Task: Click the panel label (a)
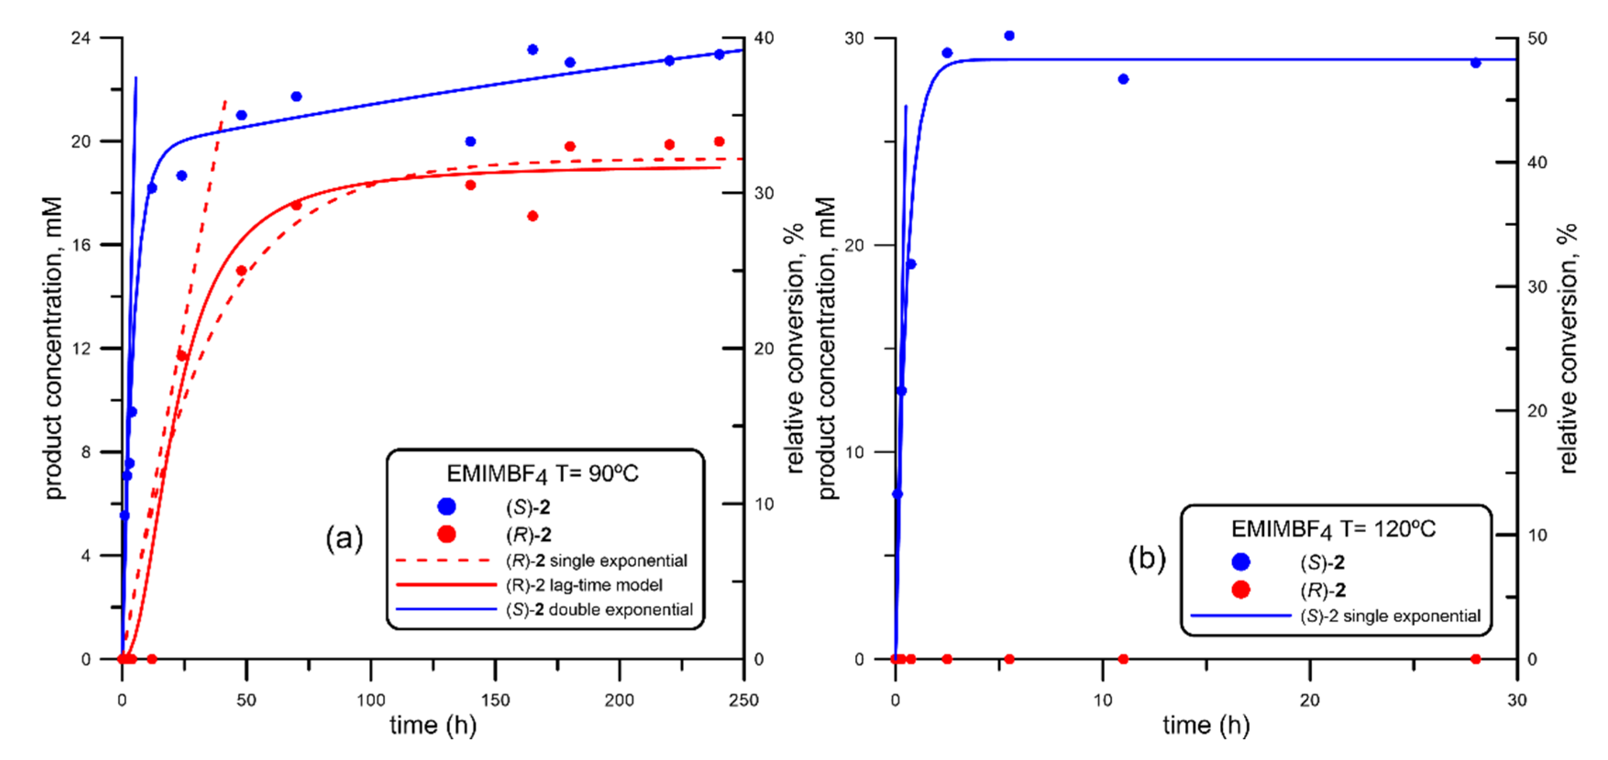point(344,538)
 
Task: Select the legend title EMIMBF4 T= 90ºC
point(542,474)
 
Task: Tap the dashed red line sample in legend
point(443,560)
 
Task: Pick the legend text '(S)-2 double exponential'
point(599,610)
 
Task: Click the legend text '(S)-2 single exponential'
point(1390,617)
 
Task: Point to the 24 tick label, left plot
point(81,38)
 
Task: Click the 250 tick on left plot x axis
point(743,700)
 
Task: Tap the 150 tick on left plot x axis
point(495,700)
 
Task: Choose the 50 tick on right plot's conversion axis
point(1537,38)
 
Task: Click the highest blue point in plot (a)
point(533,50)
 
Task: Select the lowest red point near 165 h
point(533,216)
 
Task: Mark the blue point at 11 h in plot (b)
point(1123,79)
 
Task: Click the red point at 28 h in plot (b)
point(1476,659)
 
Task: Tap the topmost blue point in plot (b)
point(1009,36)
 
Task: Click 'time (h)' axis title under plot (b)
point(1206,726)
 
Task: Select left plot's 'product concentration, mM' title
point(54,348)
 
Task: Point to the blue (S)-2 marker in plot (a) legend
point(446,507)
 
